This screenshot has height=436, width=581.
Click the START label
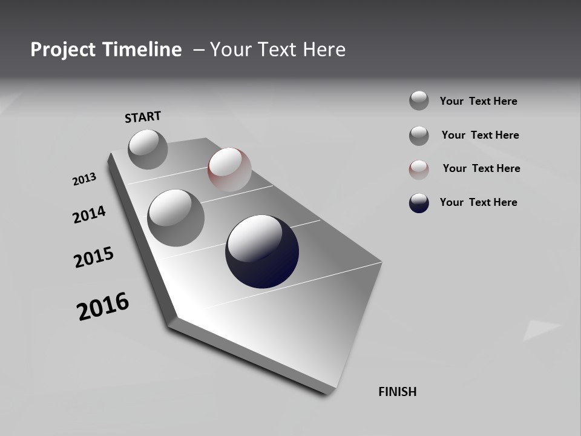coord(143,117)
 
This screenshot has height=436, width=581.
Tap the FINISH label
coord(397,392)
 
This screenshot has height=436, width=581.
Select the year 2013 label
coord(84,179)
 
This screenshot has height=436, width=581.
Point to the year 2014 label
coord(89,215)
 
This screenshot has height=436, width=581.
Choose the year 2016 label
coord(103,306)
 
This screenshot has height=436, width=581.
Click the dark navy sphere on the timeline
coord(262,251)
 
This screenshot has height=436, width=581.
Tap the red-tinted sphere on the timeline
coord(229,170)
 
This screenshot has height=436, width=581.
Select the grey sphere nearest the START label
coord(148,149)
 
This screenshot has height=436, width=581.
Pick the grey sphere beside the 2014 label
coord(176,217)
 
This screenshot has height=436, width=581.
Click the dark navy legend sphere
coord(419,203)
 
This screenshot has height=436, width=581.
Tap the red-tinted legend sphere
coord(419,170)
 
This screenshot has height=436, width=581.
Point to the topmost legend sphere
coord(419,101)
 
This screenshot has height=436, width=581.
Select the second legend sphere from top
coord(419,136)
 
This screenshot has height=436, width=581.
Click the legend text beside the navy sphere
coord(478,202)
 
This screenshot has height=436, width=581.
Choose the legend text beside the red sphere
coord(481,168)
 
